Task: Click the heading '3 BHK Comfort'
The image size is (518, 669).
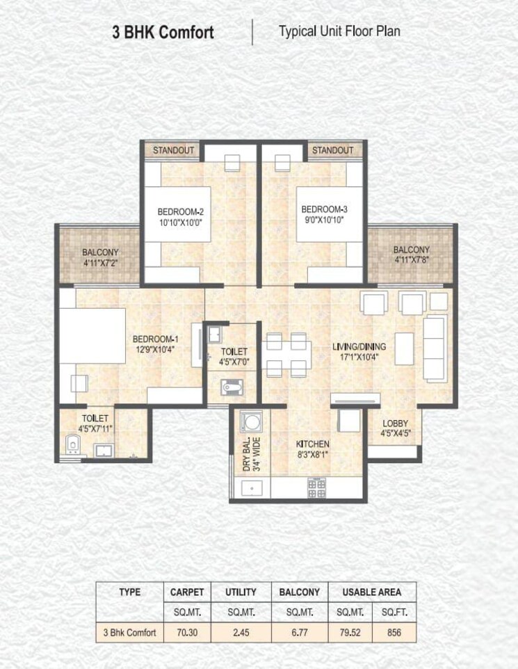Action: pyautogui.click(x=163, y=33)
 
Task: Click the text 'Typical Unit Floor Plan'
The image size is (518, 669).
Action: pyautogui.click(x=339, y=31)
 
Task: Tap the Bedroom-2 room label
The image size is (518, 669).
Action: pyautogui.click(x=180, y=211)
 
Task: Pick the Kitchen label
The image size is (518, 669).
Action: pyautogui.click(x=312, y=444)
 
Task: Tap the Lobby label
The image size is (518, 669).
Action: pyautogui.click(x=394, y=423)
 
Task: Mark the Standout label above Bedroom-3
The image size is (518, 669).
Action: pyautogui.click(x=332, y=150)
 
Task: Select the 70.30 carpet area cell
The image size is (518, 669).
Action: pyautogui.click(x=187, y=633)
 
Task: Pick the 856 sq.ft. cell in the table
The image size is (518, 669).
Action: pyautogui.click(x=394, y=633)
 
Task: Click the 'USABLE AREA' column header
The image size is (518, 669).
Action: pyautogui.click(x=371, y=592)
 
